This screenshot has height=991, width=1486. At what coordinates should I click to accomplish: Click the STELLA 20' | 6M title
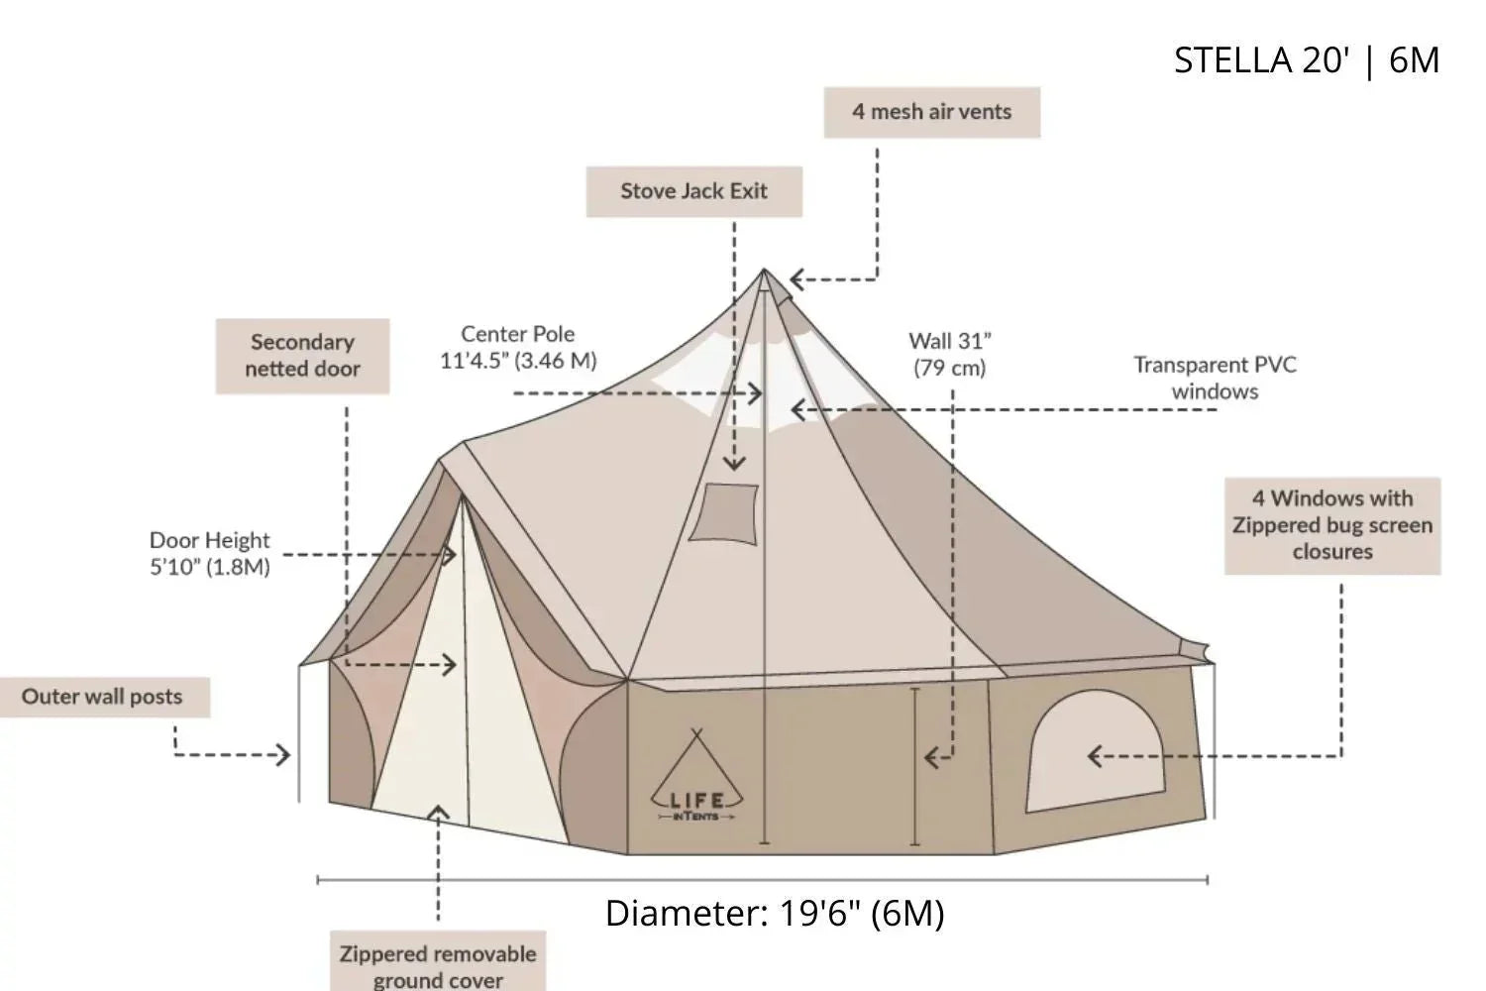pyautogui.click(x=1306, y=60)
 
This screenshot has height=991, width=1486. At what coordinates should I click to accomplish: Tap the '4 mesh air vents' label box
pyautogui.click(x=931, y=112)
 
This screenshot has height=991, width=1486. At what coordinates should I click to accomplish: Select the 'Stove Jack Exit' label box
pyautogui.click(x=693, y=191)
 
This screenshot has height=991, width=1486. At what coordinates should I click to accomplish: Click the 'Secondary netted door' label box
pyautogui.click(x=302, y=356)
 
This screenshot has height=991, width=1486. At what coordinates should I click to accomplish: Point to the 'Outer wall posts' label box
pyautogui.click(x=103, y=697)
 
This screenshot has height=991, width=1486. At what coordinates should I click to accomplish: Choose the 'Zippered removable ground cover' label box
pyautogui.click(x=437, y=964)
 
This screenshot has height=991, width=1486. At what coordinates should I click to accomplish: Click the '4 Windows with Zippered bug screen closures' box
pyautogui.click(x=1331, y=525)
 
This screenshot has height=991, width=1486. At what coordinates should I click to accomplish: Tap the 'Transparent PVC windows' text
pyautogui.click(x=1215, y=378)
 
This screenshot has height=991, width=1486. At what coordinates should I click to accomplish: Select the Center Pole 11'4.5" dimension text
pyautogui.click(x=518, y=348)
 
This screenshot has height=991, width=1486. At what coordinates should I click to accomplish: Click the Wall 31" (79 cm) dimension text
pyautogui.click(x=950, y=354)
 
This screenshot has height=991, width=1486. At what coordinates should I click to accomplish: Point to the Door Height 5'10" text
pyautogui.click(x=209, y=553)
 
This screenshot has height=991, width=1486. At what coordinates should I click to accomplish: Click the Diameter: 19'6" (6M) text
pyautogui.click(x=775, y=913)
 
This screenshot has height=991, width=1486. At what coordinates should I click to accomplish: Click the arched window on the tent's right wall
pyautogui.click(x=1095, y=751)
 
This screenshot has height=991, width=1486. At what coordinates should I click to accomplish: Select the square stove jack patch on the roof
pyautogui.click(x=725, y=513)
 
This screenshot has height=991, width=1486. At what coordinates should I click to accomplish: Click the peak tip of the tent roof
pyautogui.click(x=765, y=271)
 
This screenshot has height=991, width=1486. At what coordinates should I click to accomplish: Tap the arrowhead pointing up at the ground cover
pyautogui.click(x=438, y=813)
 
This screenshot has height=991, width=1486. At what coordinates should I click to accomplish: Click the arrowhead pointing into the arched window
pyautogui.click(x=1095, y=756)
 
